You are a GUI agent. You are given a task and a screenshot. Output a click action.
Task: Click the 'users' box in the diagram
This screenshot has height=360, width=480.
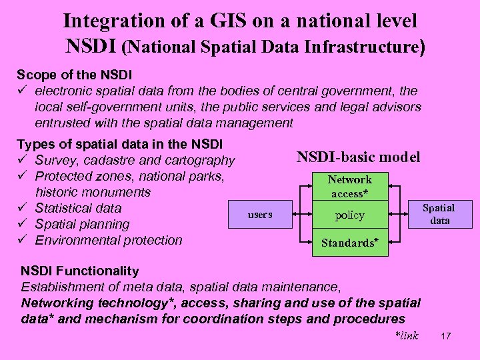[x=260, y=215]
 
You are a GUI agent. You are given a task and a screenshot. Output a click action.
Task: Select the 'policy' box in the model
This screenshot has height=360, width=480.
[x=349, y=215]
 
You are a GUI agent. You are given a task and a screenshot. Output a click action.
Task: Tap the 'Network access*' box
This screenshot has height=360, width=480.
[x=349, y=186]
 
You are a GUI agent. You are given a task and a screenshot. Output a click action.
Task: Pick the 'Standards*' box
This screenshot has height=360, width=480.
[x=351, y=243]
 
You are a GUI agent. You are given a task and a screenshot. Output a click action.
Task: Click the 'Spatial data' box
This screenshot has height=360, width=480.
[x=439, y=214]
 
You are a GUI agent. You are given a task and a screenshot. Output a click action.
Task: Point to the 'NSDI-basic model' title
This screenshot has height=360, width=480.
[x=358, y=157]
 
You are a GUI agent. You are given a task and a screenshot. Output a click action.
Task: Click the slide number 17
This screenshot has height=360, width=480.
[x=446, y=336]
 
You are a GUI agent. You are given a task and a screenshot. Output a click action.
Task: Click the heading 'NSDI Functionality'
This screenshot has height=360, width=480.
[x=80, y=271]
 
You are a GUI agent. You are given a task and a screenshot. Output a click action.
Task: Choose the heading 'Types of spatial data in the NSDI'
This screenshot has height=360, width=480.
[x=119, y=144]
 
